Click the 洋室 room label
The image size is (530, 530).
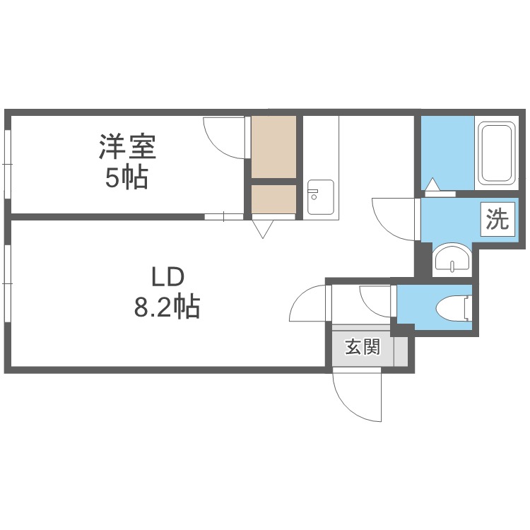(x=127, y=147)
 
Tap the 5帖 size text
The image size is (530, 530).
(x=126, y=178)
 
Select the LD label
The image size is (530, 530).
(x=167, y=276)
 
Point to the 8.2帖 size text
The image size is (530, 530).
(x=167, y=307)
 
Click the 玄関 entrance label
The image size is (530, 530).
(x=363, y=347)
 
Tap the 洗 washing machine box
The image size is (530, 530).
(x=497, y=219)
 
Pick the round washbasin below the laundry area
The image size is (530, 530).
(x=452, y=257)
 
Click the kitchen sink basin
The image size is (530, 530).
(x=320, y=196)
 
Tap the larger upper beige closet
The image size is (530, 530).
(x=273, y=148)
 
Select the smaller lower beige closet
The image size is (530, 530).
(x=273, y=199)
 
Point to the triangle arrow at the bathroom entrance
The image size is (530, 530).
(x=433, y=185)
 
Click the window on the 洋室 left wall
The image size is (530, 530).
(x=8, y=164)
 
